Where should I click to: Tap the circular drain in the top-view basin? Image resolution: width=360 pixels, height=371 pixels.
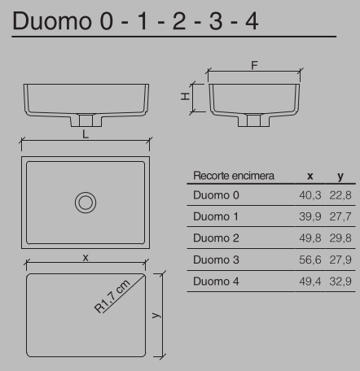[86, 202]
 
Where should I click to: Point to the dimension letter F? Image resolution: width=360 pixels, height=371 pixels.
[255, 66]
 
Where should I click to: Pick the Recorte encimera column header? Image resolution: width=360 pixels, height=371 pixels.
[233, 176]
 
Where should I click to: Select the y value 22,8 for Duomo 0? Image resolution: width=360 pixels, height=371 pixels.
[340, 196]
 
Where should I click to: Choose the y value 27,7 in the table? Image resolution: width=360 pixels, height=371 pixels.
[340, 217]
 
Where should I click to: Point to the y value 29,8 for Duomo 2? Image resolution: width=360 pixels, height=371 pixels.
[340, 238]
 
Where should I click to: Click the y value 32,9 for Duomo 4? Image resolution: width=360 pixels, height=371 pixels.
[340, 282]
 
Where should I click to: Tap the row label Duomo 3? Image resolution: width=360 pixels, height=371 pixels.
[216, 260]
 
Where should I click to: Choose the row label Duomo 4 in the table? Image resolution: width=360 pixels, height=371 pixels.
[216, 282]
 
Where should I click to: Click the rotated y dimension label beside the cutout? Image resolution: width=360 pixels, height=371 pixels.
[154, 314]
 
